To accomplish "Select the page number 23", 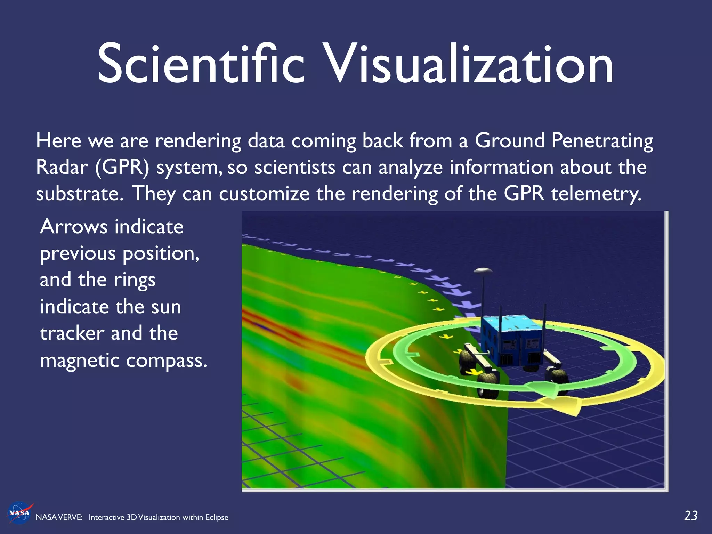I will click(690, 516).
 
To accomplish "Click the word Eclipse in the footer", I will click(217, 517).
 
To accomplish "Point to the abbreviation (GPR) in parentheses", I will click(121, 168).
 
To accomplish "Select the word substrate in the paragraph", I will click(79, 194).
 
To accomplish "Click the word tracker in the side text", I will click(72, 333).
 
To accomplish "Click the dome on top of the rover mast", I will click(483, 270).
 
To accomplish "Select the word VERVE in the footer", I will click(71, 517).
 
